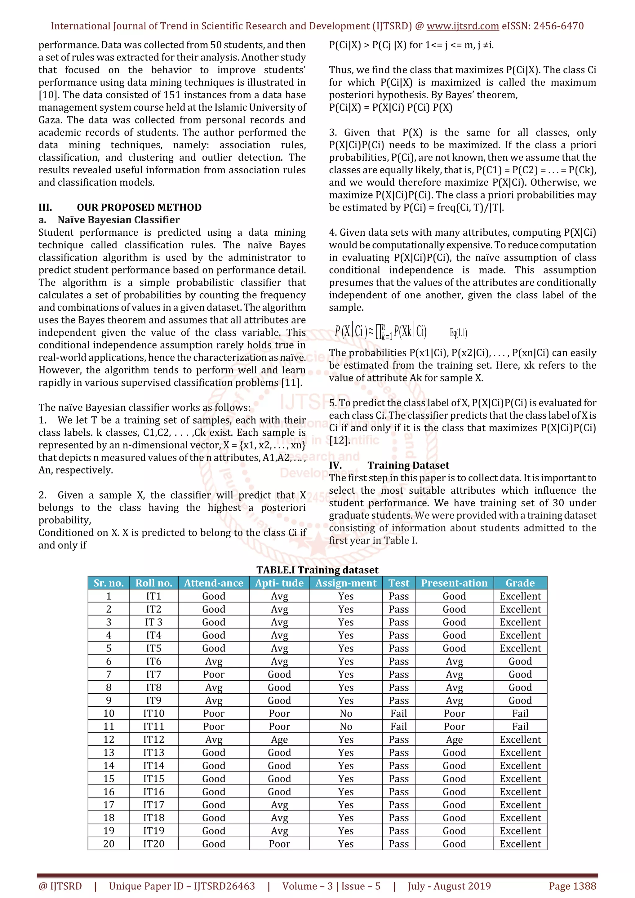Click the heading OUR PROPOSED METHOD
point(139,207)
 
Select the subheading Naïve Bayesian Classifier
point(118,220)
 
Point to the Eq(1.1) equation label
point(458,333)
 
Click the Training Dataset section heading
point(408,465)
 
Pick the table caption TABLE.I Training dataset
point(317,570)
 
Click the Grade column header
point(520,583)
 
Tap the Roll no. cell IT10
point(154,714)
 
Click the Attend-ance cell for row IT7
point(214,674)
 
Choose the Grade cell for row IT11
point(520,726)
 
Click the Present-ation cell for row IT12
point(454,740)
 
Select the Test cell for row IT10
point(398,714)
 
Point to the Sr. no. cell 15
point(109,779)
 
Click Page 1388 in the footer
point(572,886)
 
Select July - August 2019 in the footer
point(449,886)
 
